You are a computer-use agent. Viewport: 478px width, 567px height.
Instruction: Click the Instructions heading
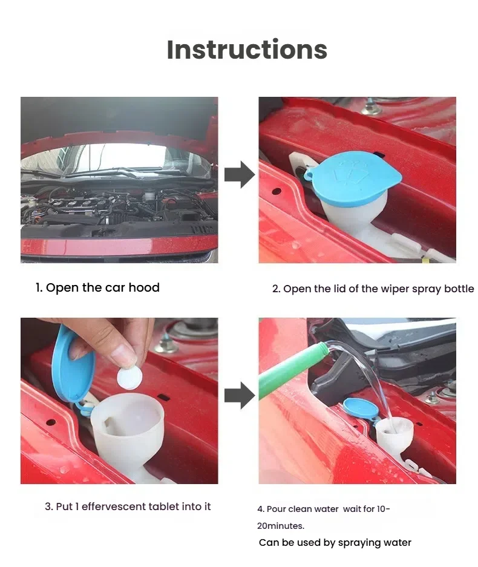pyautogui.click(x=247, y=49)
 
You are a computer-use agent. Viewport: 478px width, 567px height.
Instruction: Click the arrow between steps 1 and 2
pyautogui.click(x=240, y=175)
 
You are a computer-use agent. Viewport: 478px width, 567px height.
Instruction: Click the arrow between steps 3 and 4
pyautogui.click(x=240, y=396)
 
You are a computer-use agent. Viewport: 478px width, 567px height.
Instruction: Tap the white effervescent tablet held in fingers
pyautogui.click(x=129, y=379)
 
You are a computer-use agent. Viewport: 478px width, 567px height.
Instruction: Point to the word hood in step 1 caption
pyautogui.click(x=144, y=287)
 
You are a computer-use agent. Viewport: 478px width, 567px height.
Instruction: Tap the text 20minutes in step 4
pyautogui.click(x=280, y=526)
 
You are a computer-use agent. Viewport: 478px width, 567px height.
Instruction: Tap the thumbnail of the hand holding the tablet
pyautogui.click(x=119, y=401)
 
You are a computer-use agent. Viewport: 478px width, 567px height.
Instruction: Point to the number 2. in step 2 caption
pyautogui.click(x=277, y=289)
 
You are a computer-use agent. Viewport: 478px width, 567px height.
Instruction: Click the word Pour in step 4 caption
pyautogui.click(x=277, y=509)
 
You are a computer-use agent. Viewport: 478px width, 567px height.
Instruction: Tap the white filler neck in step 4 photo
pyautogui.click(x=394, y=433)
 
